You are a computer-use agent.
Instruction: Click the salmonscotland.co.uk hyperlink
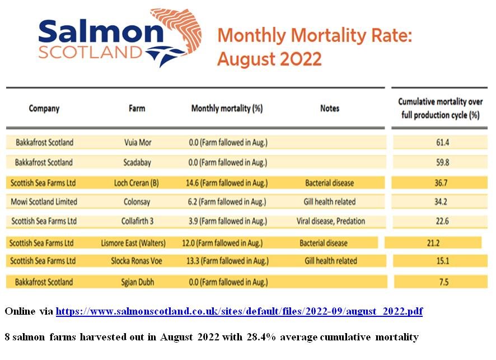[x=239, y=311]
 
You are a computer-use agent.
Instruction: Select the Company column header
[x=44, y=108]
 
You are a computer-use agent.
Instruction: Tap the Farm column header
[x=137, y=108]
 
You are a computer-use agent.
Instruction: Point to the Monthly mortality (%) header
[x=227, y=108]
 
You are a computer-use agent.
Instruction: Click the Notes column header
[x=329, y=108]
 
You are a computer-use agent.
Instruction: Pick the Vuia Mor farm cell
[x=137, y=142]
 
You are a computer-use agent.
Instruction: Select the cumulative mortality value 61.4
[x=442, y=142]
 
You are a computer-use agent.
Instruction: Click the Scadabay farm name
[x=137, y=162]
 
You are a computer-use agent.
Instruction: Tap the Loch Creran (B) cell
[x=137, y=183]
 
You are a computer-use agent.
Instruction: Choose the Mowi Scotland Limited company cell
[x=44, y=201]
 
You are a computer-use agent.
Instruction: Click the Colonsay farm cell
[x=137, y=201]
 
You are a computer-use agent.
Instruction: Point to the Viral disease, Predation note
[x=330, y=221]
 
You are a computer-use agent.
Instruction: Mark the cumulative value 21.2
[x=432, y=243]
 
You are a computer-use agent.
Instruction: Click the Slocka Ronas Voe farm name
[x=137, y=261]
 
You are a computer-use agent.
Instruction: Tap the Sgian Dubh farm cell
[x=137, y=282]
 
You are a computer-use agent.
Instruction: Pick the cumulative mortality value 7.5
[x=443, y=282]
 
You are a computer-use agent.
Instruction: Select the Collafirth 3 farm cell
[x=137, y=221]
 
